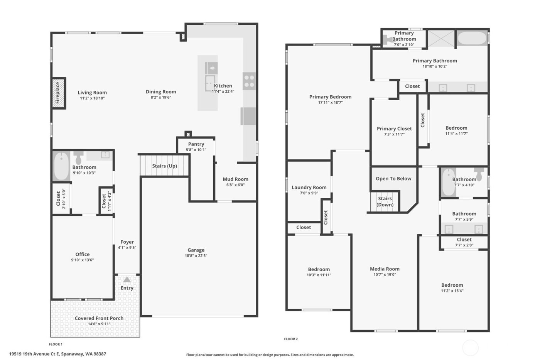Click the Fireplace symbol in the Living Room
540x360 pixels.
59,93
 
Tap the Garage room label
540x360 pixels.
196,250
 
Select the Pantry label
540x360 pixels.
196,144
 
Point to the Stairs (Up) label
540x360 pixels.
164,166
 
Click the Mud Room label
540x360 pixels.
235,179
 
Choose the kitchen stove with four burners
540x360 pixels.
249,81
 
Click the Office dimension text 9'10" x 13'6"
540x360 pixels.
82,260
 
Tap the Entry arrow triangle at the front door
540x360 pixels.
127,279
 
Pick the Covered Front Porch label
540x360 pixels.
99,318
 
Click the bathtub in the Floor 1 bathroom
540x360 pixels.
61,166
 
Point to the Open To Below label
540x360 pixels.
393,179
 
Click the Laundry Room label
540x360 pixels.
309,188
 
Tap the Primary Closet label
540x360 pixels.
394,128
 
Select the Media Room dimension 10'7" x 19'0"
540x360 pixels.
385,275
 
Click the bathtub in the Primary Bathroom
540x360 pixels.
472,39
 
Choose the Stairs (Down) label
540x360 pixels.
385,201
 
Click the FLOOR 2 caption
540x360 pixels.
291,339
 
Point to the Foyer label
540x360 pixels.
127,242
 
